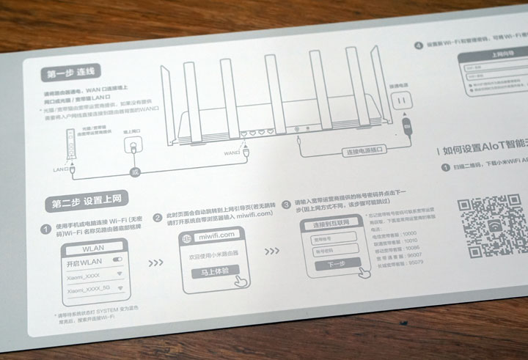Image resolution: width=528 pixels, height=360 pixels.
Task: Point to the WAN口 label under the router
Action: point(232,153)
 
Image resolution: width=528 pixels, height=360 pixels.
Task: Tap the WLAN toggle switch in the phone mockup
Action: point(116,260)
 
